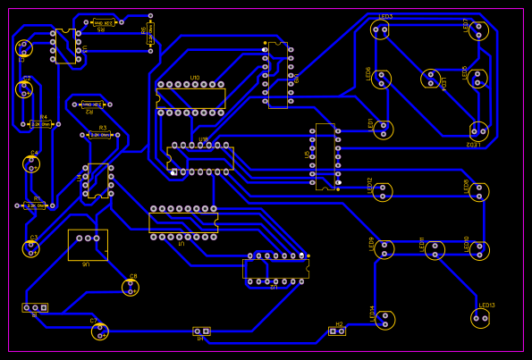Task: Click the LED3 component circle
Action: [x=381, y=29]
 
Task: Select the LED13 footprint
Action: [x=481, y=317]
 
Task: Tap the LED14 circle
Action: [x=384, y=319]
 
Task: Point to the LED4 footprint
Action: [x=431, y=79]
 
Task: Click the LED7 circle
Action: [x=478, y=30]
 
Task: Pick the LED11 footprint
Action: [x=435, y=250]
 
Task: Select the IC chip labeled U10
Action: [x=191, y=98]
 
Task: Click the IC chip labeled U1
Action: [x=183, y=222]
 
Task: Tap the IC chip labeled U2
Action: [x=275, y=269]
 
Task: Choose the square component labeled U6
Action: [x=88, y=245]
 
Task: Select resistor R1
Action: [x=36, y=205]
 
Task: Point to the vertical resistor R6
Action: [x=150, y=35]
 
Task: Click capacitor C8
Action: [x=131, y=287]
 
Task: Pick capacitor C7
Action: [x=100, y=331]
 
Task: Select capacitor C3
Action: [x=31, y=248]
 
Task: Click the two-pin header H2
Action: [x=336, y=331]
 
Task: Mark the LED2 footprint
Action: [x=479, y=130]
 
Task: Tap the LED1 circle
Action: [x=383, y=130]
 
